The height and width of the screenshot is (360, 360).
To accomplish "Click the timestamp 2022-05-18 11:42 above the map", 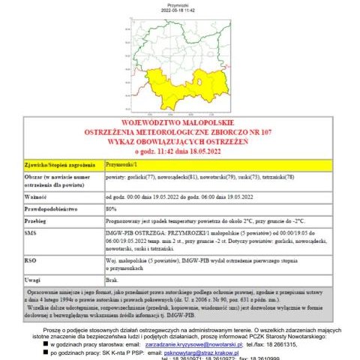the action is tap(180, 10).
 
